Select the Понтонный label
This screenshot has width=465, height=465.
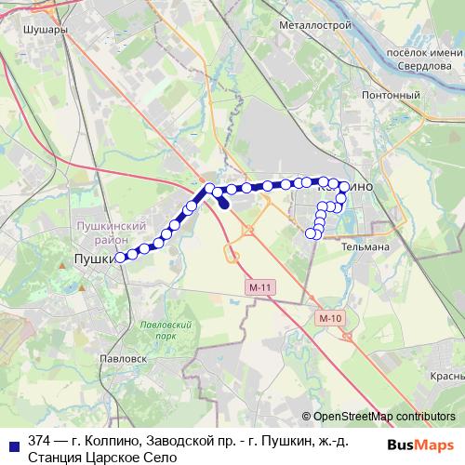[397, 95]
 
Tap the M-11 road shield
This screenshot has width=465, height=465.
[260, 289]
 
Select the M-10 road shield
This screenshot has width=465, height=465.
[329, 318]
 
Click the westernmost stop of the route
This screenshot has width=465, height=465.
[120, 258]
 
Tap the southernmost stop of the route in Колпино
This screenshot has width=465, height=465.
[315, 234]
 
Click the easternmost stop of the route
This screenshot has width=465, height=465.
[344, 188]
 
